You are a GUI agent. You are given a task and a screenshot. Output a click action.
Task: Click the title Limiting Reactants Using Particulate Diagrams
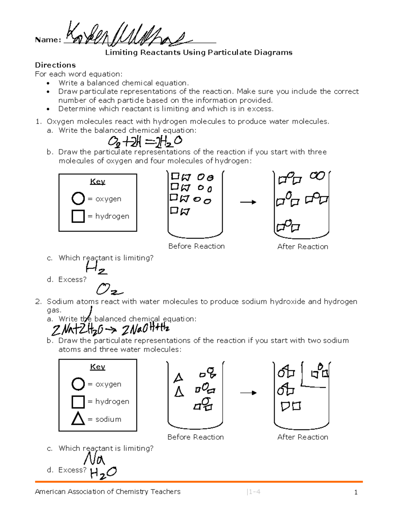(x=199, y=52)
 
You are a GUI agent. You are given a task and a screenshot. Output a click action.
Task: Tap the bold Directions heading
(x=55, y=65)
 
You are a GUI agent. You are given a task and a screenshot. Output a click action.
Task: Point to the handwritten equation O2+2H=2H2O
(x=145, y=142)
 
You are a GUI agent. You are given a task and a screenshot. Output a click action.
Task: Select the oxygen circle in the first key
(x=78, y=199)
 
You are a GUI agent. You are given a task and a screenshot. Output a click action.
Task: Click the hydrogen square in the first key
(x=78, y=216)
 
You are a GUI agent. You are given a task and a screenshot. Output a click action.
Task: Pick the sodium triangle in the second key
(x=78, y=419)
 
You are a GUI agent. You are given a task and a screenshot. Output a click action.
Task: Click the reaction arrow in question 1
(x=248, y=202)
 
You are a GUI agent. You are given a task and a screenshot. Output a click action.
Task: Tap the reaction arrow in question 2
(x=248, y=393)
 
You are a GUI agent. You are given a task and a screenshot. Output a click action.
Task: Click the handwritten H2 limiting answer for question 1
(x=96, y=268)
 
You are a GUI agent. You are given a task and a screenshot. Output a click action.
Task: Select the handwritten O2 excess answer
(x=109, y=289)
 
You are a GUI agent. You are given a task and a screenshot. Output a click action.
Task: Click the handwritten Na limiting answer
(x=94, y=459)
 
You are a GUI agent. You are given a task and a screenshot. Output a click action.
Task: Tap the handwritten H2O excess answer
(x=103, y=473)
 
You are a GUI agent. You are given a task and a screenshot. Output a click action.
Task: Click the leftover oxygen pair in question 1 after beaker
(x=317, y=176)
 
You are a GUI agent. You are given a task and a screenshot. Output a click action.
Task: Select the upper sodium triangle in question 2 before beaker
(x=178, y=378)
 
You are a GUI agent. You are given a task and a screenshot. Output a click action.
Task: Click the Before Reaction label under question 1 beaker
(x=196, y=246)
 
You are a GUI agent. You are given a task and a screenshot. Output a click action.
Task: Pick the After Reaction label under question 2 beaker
(x=302, y=437)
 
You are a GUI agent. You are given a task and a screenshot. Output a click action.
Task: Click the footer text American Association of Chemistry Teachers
(x=107, y=492)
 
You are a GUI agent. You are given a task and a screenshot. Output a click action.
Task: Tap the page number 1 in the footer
(x=356, y=492)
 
